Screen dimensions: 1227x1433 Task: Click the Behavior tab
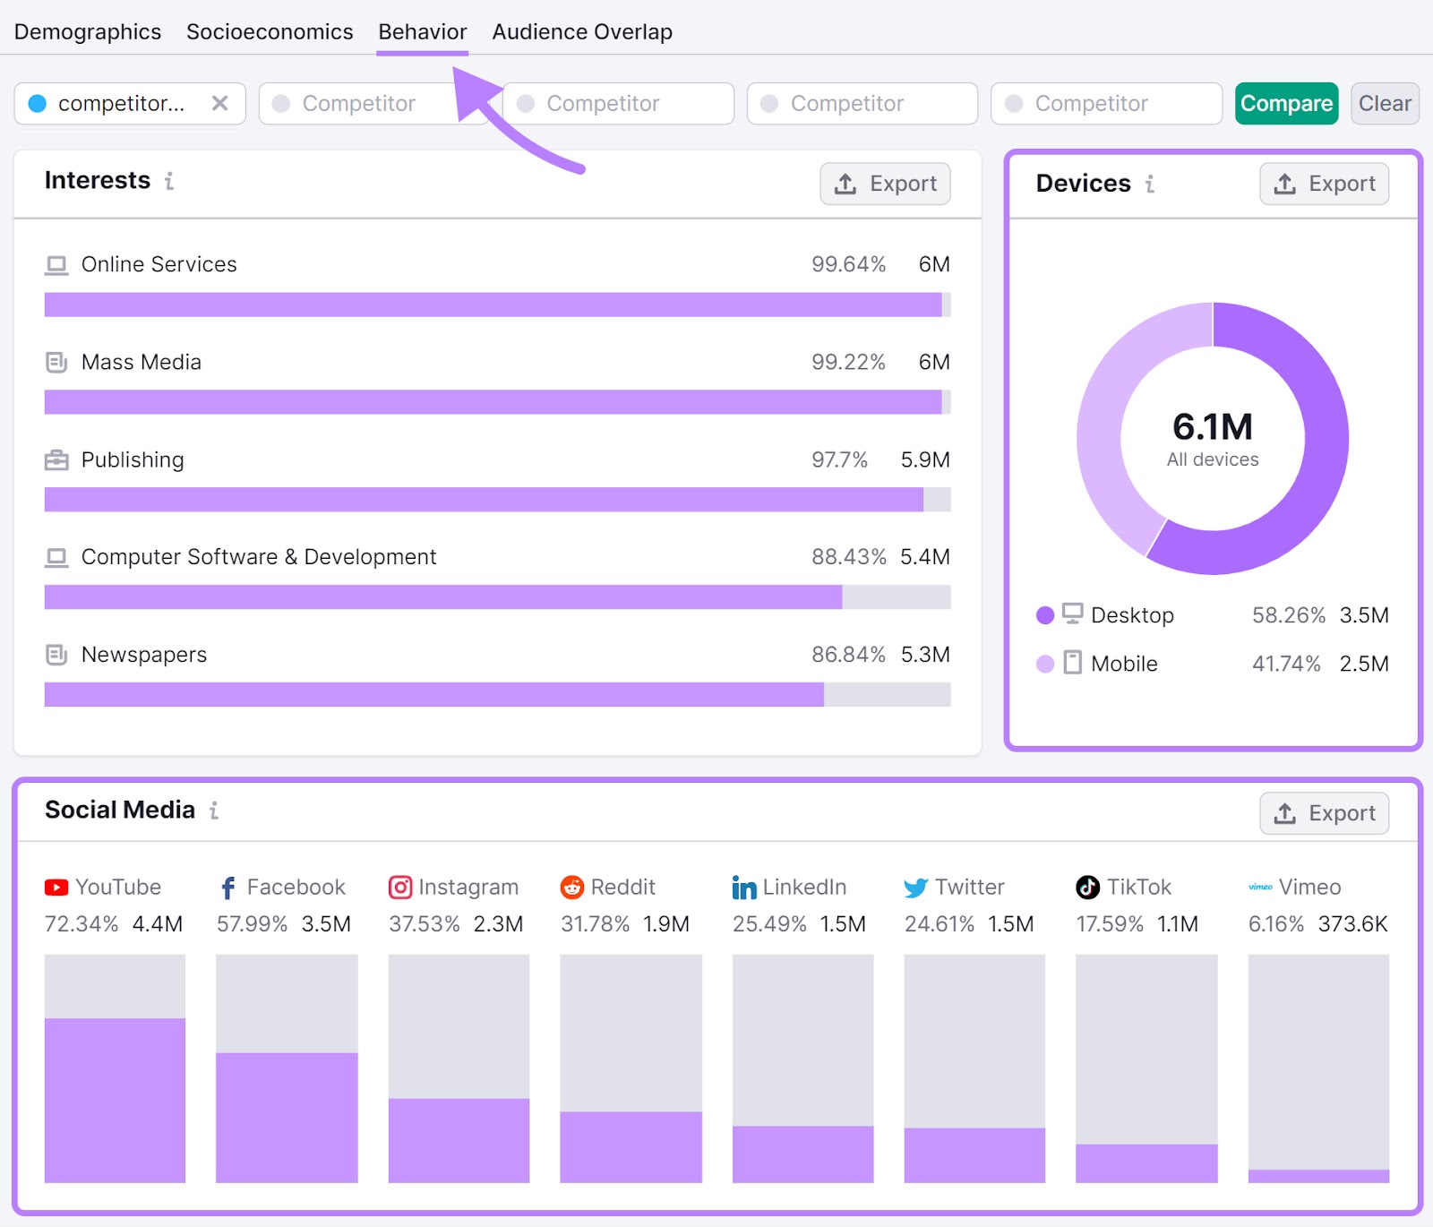pos(422,32)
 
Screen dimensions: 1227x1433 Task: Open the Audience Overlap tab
pos(582,32)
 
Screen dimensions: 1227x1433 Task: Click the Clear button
pos(1385,104)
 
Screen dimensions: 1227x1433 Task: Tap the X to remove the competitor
pos(219,104)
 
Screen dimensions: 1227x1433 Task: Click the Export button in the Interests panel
pos(885,184)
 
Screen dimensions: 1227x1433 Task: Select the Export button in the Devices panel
pos(1324,184)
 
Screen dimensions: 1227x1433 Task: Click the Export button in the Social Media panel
pos(1324,813)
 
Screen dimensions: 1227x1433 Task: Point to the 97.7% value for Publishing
pos(839,460)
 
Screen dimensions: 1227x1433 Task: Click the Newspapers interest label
pos(143,655)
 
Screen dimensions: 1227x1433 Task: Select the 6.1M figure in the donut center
pos(1212,427)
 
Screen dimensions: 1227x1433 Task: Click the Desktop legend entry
pos(1131,615)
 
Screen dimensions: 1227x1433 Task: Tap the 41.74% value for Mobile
pos(1286,664)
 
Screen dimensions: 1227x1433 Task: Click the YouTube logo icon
pos(56,888)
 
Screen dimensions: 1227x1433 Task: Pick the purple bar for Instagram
pos(459,1140)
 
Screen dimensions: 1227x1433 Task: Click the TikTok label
pos(1138,888)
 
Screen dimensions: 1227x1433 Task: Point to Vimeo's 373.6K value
pos(1352,924)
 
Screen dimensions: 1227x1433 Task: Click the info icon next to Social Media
pos(214,811)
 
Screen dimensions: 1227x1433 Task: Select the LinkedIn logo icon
pos(743,888)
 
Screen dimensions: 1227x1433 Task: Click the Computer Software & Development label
pos(258,557)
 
